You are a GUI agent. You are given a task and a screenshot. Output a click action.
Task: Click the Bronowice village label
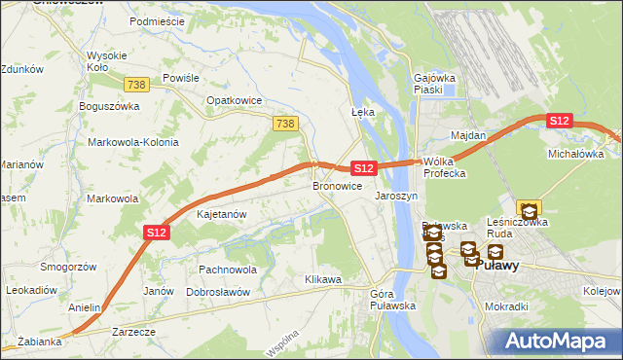click(x=337, y=185)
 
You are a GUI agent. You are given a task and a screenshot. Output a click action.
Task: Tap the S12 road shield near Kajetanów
click(x=158, y=233)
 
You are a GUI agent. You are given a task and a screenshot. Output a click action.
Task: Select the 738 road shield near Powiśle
click(x=136, y=86)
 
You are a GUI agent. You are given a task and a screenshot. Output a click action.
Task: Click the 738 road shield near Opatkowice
click(x=284, y=124)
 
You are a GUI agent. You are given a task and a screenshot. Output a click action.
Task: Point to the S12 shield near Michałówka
click(x=559, y=121)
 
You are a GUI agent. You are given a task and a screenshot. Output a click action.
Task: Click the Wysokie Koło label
click(x=104, y=62)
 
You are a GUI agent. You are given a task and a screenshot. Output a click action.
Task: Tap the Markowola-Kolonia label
click(x=133, y=142)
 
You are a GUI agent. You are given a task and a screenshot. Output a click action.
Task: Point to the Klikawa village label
click(x=322, y=279)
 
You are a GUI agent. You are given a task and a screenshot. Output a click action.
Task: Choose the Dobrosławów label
click(x=218, y=292)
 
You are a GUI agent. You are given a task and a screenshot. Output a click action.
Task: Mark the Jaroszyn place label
click(x=396, y=196)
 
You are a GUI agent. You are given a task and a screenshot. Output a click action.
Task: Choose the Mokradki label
click(x=506, y=306)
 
